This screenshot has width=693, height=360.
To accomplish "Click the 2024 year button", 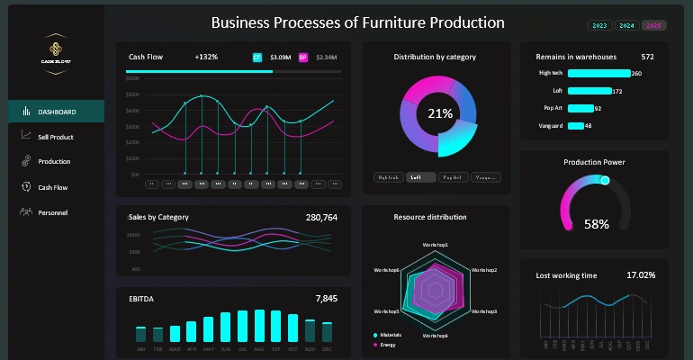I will [x=626, y=25].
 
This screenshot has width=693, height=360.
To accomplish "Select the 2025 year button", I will [x=654, y=25].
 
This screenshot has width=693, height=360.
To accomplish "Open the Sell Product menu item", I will [x=55, y=137].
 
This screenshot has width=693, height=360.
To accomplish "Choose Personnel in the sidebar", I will [x=52, y=212].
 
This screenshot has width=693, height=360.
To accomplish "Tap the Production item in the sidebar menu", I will [x=54, y=162].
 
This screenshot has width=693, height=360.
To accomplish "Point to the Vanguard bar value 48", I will [x=588, y=126].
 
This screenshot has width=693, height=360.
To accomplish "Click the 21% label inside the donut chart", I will [x=440, y=113].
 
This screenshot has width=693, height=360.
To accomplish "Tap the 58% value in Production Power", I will [x=596, y=223].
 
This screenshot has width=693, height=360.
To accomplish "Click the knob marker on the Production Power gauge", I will [x=605, y=181].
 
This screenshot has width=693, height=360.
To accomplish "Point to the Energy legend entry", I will [x=388, y=344].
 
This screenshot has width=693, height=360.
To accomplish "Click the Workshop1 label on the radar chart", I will [x=436, y=245].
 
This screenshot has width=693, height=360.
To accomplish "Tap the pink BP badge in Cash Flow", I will [x=302, y=57].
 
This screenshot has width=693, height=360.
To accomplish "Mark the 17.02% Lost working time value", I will [x=640, y=274].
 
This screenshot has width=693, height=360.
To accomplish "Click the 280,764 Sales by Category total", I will [x=321, y=217].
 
